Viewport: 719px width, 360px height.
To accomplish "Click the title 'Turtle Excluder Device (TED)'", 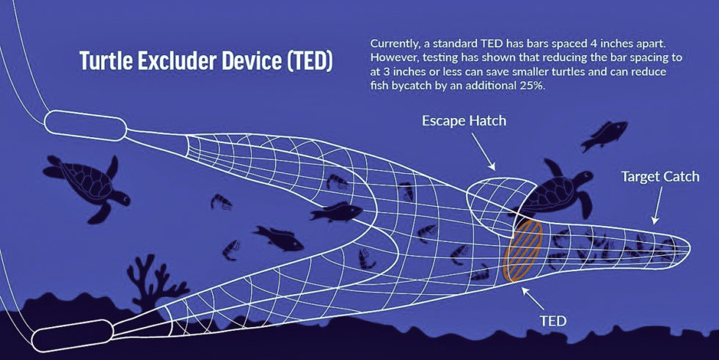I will pyautogui.click(x=205, y=62).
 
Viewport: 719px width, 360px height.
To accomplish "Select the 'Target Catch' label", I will pyautogui.click(x=660, y=177).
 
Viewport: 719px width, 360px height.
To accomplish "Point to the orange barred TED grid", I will pyautogui.click(x=523, y=251).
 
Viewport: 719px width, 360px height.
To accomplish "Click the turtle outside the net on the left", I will pyautogui.click(x=84, y=185).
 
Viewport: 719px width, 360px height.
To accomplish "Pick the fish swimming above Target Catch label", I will pyautogui.click(x=604, y=136).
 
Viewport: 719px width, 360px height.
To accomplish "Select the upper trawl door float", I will pyautogui.click(x=87, y=126).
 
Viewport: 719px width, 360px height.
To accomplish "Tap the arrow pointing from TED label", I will pyautogui.click(x=533, y=297).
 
